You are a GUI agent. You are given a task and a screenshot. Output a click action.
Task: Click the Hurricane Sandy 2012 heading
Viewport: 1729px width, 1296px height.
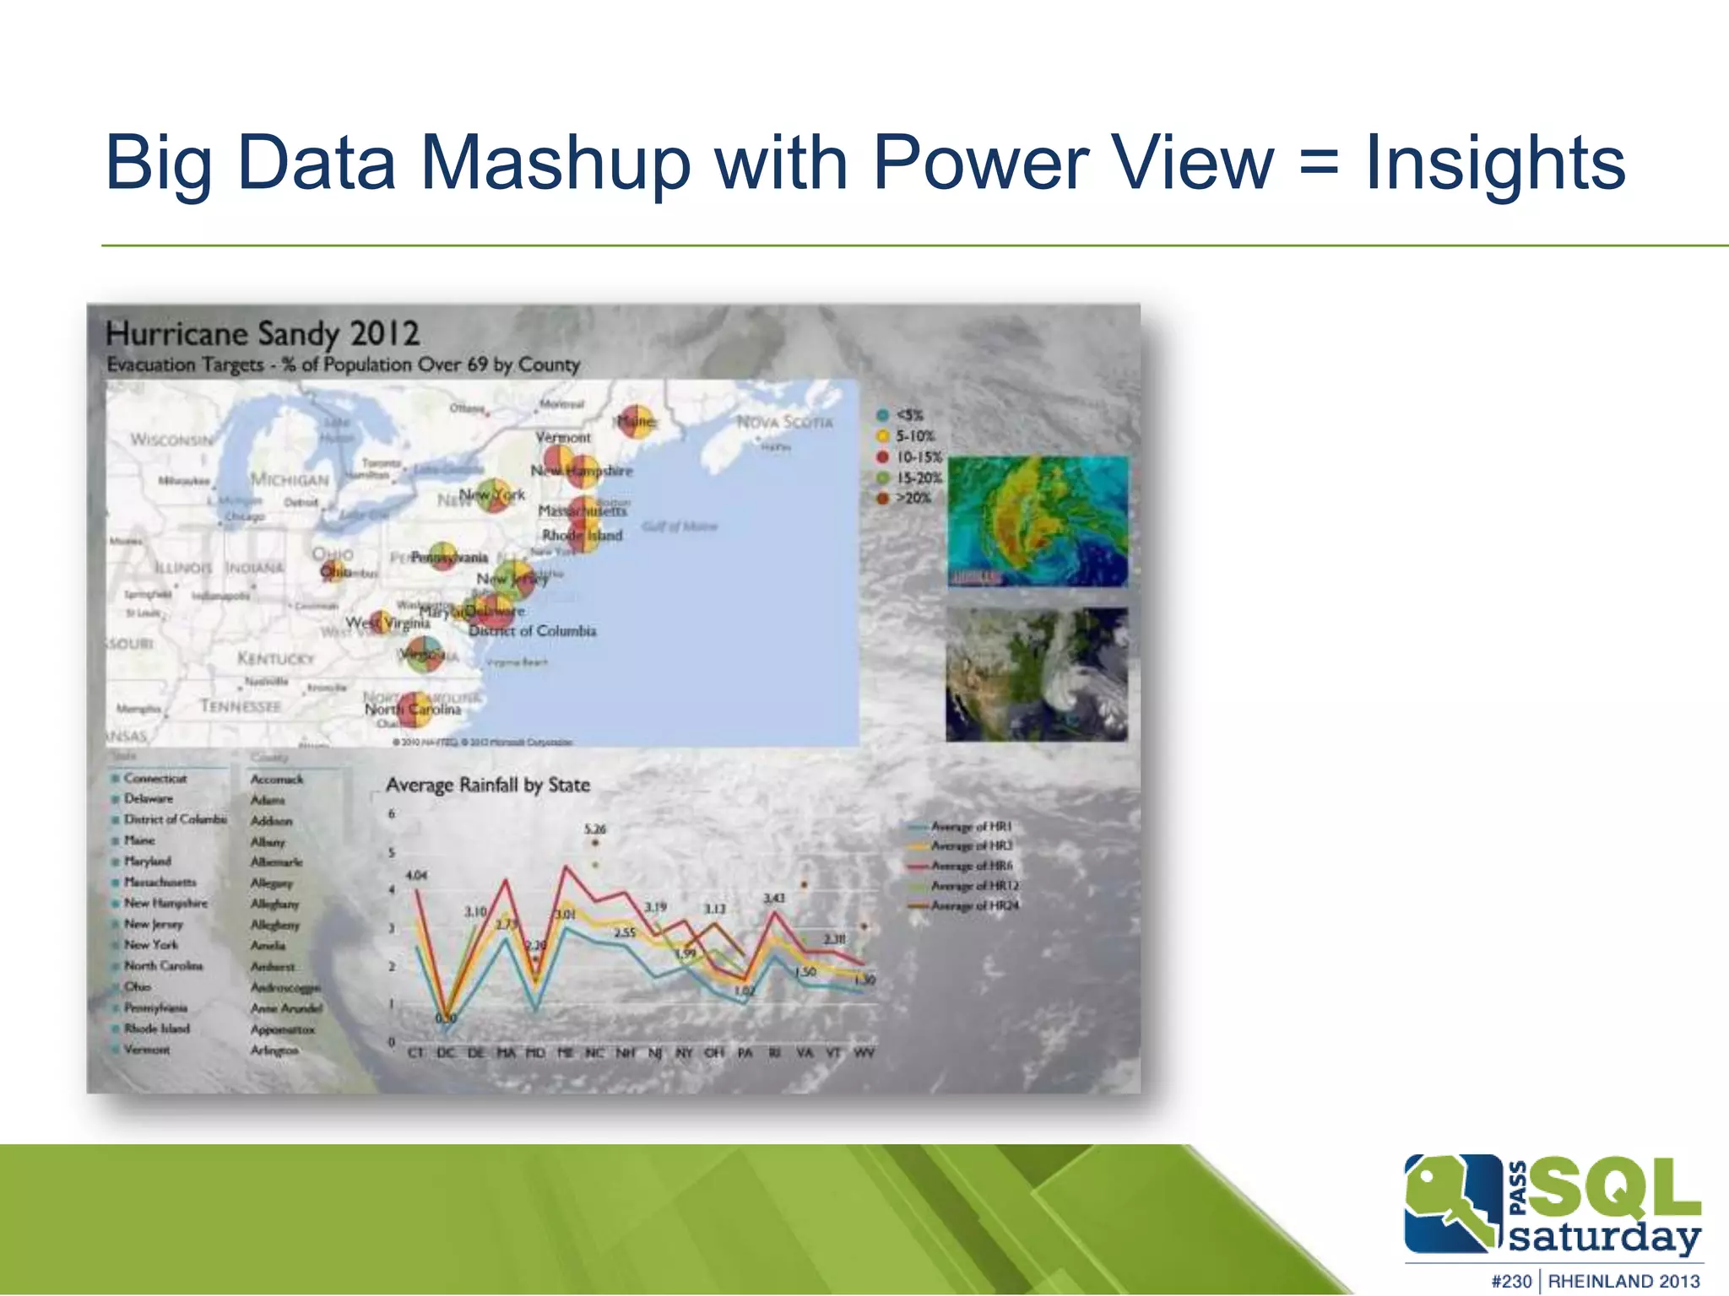(263, 333)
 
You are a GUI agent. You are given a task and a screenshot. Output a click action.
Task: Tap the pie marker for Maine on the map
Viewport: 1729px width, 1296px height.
(635, 420)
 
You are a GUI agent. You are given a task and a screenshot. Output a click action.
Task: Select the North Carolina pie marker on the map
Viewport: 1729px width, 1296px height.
(415, 710)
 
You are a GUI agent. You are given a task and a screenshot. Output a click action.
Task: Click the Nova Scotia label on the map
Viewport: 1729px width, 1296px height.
(784, 422)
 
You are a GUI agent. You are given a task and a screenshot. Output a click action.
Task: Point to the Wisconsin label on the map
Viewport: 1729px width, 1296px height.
(171, 440)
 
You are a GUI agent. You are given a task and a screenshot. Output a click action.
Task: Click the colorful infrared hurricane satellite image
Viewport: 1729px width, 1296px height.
(1038, 521)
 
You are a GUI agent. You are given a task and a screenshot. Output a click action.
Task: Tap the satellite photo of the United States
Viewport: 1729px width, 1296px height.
(1037, 674)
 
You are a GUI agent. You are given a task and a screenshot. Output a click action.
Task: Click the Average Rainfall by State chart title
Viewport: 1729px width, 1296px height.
(488, 785)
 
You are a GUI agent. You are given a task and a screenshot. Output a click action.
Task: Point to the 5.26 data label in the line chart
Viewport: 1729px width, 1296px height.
(595, 829)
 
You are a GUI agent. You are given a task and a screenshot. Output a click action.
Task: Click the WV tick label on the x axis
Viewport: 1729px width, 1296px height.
(864, 1052)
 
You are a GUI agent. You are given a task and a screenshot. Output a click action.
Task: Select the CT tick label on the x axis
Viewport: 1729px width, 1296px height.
(415, 1052)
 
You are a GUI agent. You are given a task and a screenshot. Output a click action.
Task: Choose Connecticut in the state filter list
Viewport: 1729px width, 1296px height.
(154, 778)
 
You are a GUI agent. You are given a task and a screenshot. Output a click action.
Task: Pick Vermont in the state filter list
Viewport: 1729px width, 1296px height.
(146, 1050)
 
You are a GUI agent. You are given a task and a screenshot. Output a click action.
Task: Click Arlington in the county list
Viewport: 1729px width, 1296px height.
(274, 1050)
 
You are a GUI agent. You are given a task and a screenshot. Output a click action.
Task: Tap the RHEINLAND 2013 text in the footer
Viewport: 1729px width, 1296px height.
(1623, 1281)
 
